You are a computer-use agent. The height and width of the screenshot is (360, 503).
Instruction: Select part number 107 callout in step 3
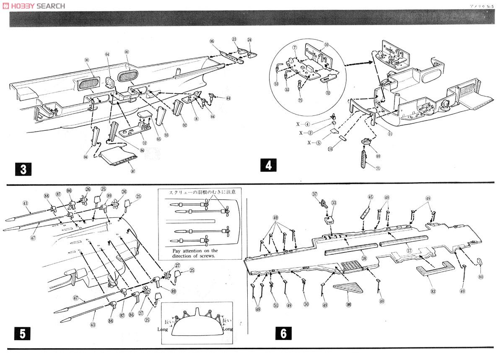click(x=133, y=171)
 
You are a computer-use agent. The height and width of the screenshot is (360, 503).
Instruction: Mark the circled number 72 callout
click(x=328, y=92)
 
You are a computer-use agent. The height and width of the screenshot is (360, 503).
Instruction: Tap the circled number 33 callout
click(x=334, y=203)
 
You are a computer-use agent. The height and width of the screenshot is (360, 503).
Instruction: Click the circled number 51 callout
click(x=275, y=305)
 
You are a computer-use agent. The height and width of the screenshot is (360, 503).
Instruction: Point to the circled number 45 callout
click(x=370, y=197)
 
